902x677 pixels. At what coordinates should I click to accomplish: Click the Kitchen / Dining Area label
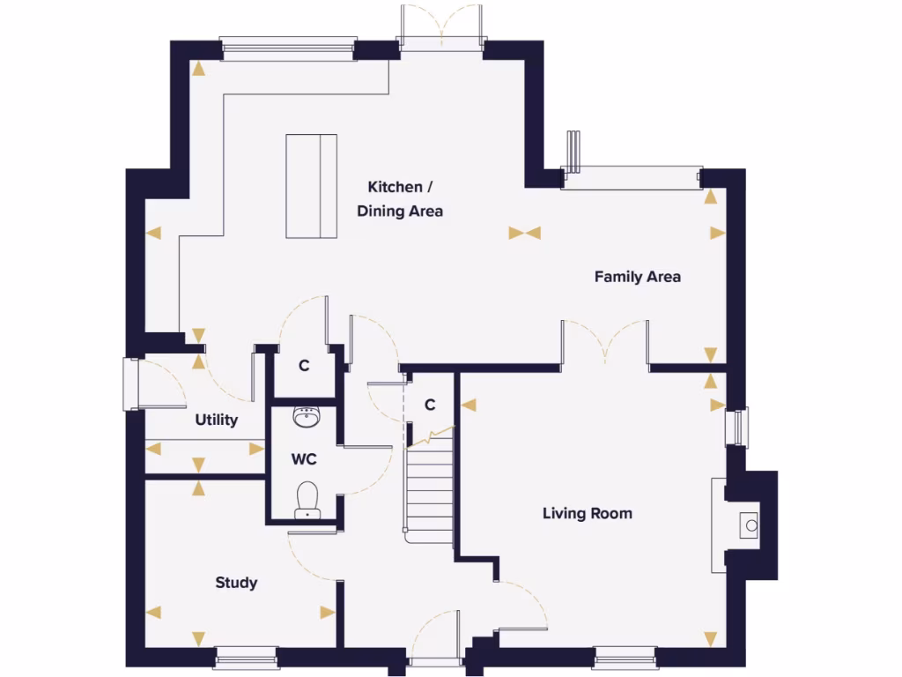[x=400, y=199]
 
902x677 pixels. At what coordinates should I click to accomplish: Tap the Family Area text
[x=637, y=277]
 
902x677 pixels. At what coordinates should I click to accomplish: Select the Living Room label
[x=587, y=513]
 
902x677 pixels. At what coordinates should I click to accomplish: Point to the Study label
[x=236, y=583]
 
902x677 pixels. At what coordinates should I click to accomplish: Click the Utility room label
[x=216, y=420]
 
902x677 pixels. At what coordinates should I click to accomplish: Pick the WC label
[x=304, y=458]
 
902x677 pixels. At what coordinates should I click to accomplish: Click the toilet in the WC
[x=307, y=500]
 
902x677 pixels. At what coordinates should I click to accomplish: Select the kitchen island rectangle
[x=311, y=186]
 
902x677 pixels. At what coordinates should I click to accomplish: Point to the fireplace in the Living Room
[x=747, y=524]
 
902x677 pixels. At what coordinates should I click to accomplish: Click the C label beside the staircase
[x=430, y=405]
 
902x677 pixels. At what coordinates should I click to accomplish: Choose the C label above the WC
[x=304, y=367]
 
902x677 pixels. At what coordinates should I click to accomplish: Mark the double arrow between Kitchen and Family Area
[x=524, y=234]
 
